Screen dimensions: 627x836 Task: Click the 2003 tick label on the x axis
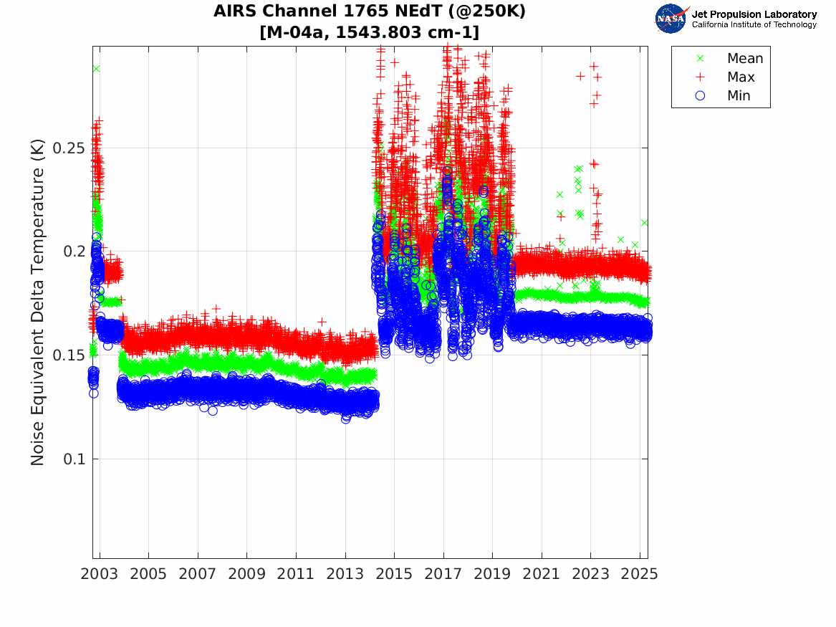pyautogui.click(x=100, y=574)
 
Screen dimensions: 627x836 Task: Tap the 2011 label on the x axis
pyautogui.click(x=296, y=574)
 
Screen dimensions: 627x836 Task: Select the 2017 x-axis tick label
pyautogui.click(x=443, y=574)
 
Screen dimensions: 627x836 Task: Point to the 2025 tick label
pyautogui.click(x=639, y=574)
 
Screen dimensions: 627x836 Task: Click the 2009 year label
pyautogui.click(x=246, y=574)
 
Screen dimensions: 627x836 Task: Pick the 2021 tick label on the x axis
pyautogui.click(x=541, y=574)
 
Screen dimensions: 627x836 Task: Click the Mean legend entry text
pyautogui.click(x=745, y=59)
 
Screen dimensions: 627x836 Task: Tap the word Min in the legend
pyautogui.click(x=739, y=96)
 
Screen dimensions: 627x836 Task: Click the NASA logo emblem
pyautogui.click(x=671, y=18)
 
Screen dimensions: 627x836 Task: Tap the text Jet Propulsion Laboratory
pyautogui.click(x=754, y=14)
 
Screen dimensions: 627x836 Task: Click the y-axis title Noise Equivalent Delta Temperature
pyautogui.click(x=38, y=302)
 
